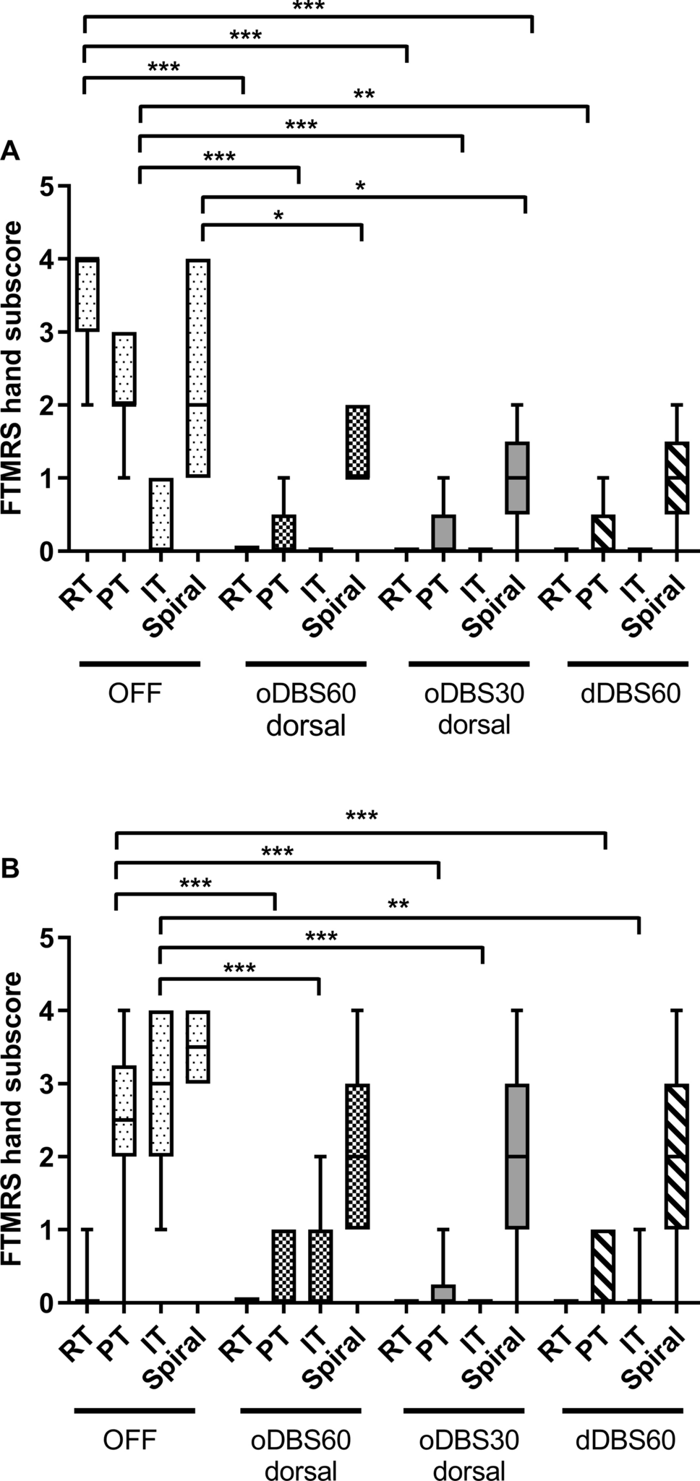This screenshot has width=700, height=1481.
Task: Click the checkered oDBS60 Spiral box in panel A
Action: (x=358, y=442)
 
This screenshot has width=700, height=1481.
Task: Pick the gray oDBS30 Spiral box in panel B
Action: (x=517, y=1156)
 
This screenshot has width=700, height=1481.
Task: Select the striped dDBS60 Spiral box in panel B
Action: (x=676, y=1156)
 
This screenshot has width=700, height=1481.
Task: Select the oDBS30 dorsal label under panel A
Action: (x=474, y=708)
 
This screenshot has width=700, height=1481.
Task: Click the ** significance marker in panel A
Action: (x=364, y=95)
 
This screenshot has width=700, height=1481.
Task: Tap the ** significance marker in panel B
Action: (x=398, y=905)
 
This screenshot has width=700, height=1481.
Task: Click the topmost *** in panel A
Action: (x=309, y=7)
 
